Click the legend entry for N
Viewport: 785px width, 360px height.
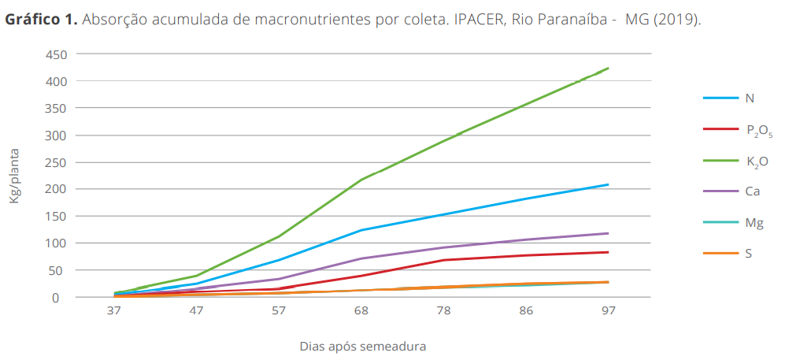749,98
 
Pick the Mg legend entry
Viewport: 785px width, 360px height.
753,223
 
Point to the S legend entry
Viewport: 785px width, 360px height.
748,254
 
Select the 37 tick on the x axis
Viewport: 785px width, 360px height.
114,312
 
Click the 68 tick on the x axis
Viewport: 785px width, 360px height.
361,312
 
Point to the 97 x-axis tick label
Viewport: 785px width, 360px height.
609,312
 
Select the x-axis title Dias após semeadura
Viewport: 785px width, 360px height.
363,346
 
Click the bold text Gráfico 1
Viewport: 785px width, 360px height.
41,19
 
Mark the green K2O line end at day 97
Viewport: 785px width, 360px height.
608,69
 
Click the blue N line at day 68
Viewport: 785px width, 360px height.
361,230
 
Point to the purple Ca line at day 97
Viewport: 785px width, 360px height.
608,233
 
